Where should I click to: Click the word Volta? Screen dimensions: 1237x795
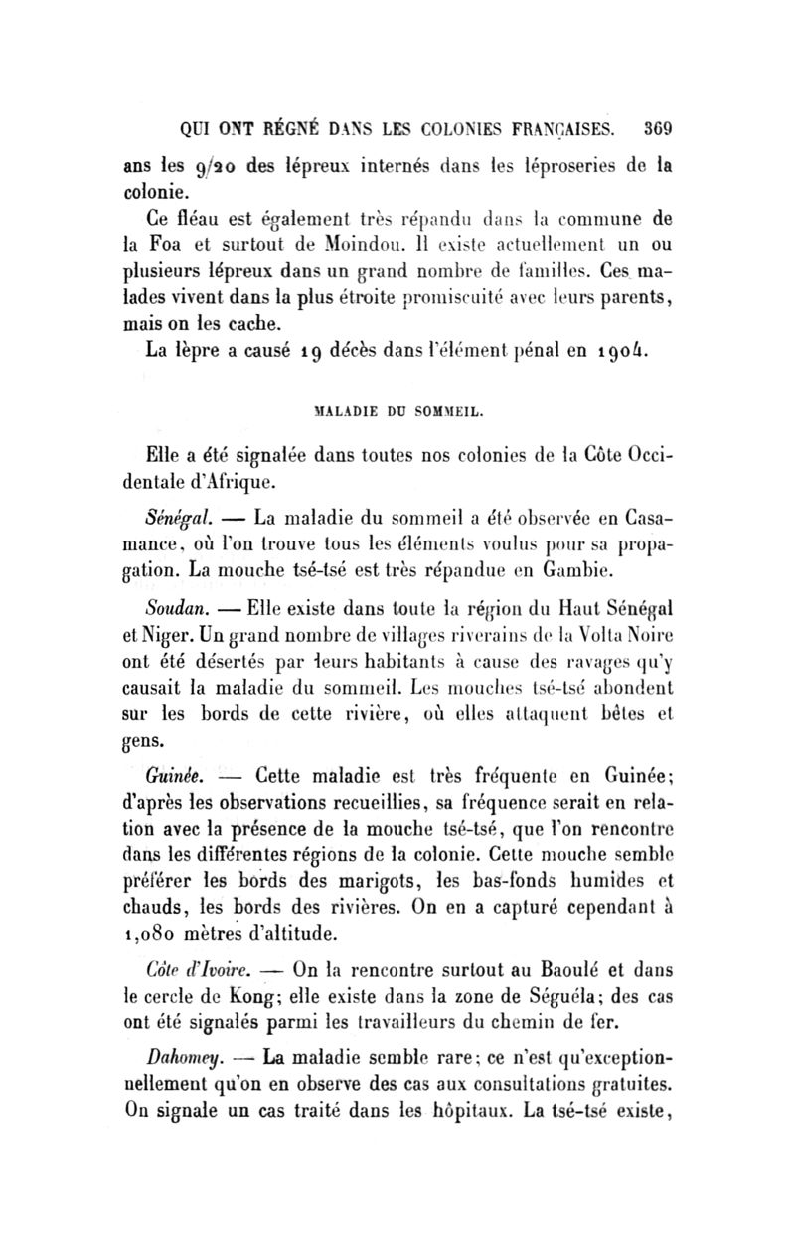[616, 630]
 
